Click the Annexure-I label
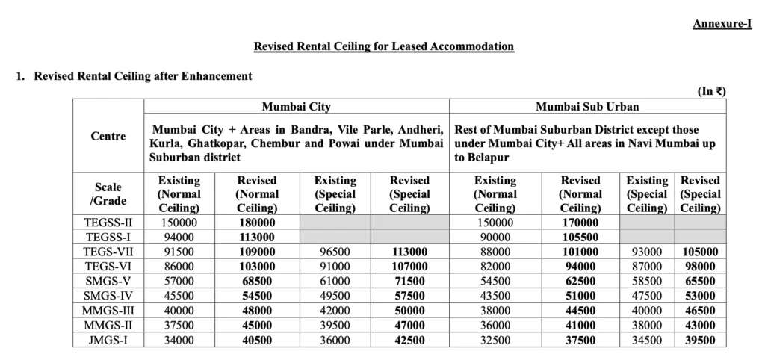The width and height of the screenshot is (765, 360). tap(722, 24)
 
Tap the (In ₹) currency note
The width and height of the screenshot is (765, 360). tap(712, 91)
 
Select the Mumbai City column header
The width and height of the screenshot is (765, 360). tap(296, 107)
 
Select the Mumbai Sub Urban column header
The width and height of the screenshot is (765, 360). tap(587, 107)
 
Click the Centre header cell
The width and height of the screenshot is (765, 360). tap(108, 137)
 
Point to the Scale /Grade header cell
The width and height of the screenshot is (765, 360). tap(108, 193)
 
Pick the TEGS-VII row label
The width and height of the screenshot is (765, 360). tap(108, 252)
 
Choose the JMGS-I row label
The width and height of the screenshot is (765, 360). tap(108, 340)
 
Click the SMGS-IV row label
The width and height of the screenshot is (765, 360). tap(108, 296)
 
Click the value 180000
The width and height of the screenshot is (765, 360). tap(256, 223)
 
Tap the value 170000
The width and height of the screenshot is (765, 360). tap(580, 223)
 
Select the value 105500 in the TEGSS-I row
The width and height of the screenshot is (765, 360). tap(580, 237)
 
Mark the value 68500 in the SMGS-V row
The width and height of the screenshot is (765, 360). tap(256, 281)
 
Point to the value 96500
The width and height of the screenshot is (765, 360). tap(335, 252)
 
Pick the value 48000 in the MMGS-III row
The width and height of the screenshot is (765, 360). tap(256, 311)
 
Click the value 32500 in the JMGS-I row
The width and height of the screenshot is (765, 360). tap(495, 340)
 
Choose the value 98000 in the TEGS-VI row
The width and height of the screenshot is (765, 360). tap(700, 267)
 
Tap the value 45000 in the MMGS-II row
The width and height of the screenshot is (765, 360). tap(256, 325)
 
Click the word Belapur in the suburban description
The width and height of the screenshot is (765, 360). tap(489, 158)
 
